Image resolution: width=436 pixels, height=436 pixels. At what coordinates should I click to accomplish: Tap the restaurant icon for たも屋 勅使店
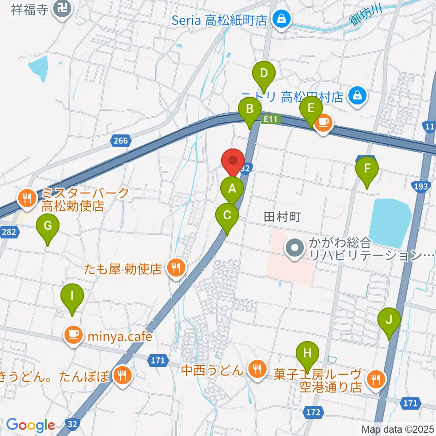click(x=175, y=268)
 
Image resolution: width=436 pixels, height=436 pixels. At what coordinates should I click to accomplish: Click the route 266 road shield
click(x=120, y=141)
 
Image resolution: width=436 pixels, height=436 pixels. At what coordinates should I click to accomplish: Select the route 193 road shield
click(x=421, y=186)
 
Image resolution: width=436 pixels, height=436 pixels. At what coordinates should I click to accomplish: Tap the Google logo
click(x=30, y=425)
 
